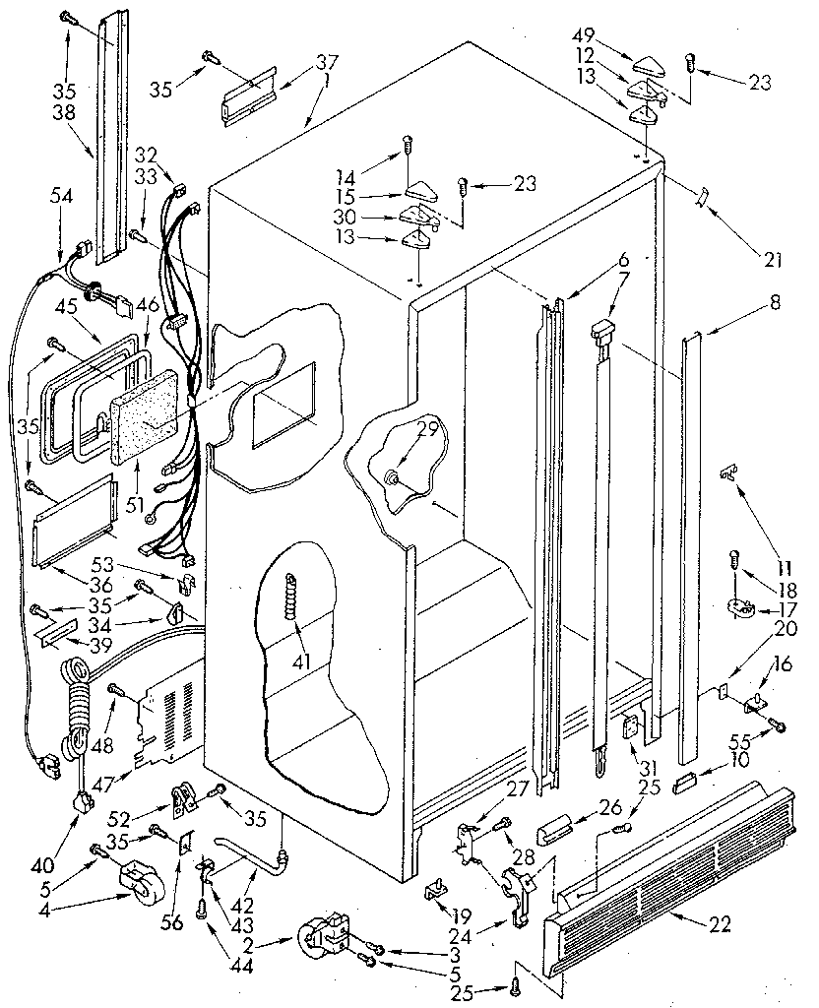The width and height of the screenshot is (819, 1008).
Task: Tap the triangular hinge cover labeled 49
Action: [x=650, y=67]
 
